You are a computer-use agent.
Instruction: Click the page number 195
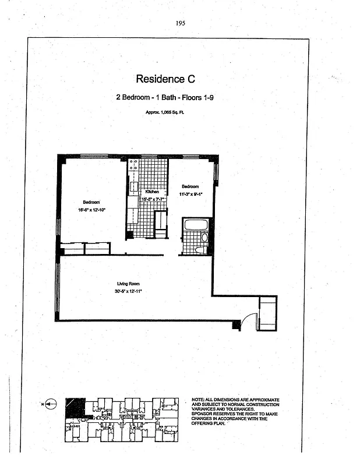pos(180,23)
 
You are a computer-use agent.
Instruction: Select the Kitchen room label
pos(152,192)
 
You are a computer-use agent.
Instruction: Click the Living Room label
pos(128,284)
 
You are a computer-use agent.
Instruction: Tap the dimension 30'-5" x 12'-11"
pos(128,290)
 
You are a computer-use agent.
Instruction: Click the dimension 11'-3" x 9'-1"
pos(190,194)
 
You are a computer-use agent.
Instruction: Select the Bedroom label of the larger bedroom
pos(91,202)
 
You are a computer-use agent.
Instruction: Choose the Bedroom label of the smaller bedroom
pos(190,186)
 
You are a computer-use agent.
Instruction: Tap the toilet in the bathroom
pos(200,249)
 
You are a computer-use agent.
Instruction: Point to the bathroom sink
pos(204,238)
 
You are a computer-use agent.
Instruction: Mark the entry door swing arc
pos(247,320)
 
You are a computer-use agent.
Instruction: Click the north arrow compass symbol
pos(50,403)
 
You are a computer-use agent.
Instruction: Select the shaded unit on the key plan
pos(75,407)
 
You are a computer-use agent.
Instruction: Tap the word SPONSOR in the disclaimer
pos(204,414)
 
